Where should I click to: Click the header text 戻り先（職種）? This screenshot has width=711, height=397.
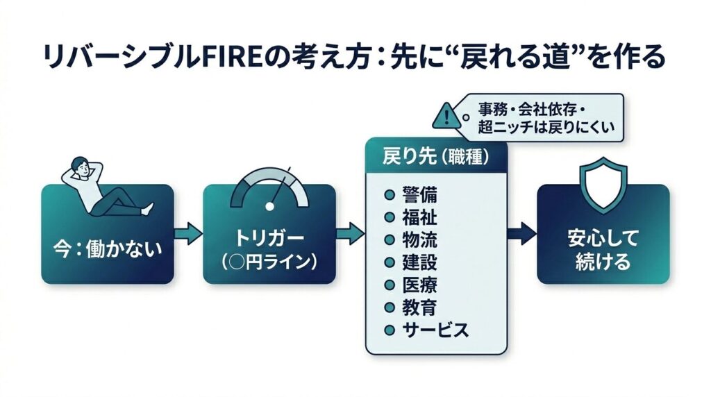coord(435,158)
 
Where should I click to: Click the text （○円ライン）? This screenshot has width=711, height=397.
coord(269,264)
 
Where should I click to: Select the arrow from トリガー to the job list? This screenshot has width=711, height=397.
coord(351,233)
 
